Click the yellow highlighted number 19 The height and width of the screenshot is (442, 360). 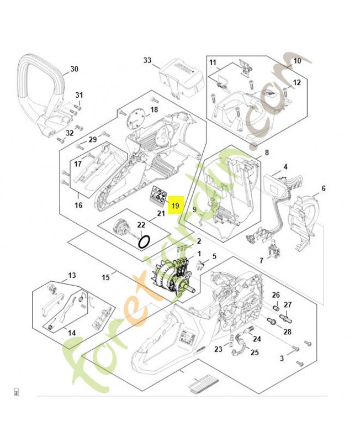click(x=176, y=206)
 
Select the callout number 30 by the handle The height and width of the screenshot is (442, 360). click(x=75, y=70)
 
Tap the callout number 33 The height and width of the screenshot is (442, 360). click(x=147, y=60)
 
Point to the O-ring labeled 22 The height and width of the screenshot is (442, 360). click(x=144, y=241)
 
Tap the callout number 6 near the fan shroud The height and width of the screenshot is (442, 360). click(x=323, y=188)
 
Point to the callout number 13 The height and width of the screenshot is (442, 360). click(x=72, y=275)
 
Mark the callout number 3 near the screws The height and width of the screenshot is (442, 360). click(x=282, y=359)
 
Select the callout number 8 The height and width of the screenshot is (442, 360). click(x=267, y=152)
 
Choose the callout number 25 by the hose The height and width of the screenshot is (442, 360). click(x=255, y=352)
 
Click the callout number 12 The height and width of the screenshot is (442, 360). click(x=297, y=82)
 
